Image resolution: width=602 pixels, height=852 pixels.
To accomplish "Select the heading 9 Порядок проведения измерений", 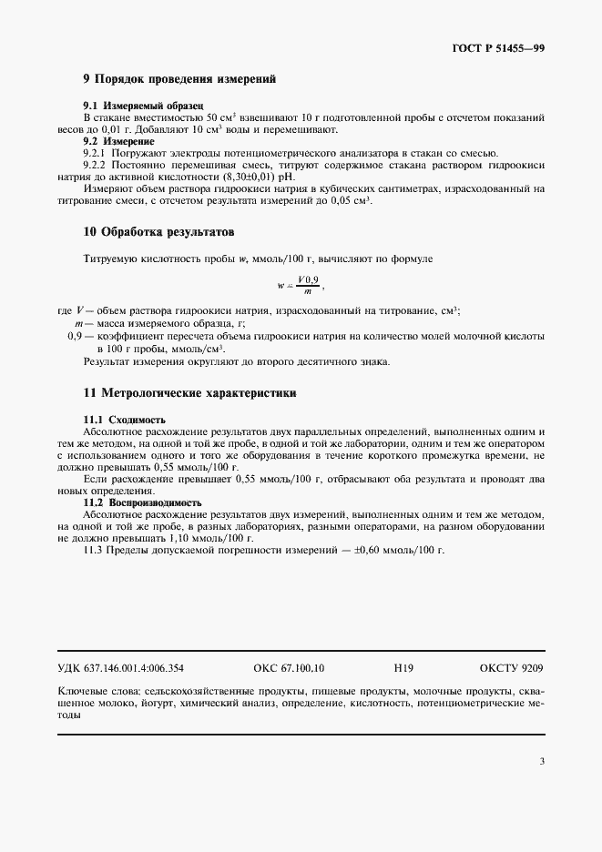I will pos(179,80).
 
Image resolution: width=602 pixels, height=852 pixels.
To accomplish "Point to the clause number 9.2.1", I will pos(96,153).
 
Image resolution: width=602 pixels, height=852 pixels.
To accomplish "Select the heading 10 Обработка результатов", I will pos(159,233).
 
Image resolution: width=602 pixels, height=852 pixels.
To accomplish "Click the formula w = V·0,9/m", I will pos(301,285).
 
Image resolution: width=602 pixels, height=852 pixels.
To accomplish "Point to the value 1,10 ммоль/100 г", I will pos(202,538).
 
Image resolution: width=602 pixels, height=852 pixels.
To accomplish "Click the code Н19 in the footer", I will pos(403,667).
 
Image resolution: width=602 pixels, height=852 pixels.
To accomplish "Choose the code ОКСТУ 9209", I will pos(510,667).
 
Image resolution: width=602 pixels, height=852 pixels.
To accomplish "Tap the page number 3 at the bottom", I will pos(542,761).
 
